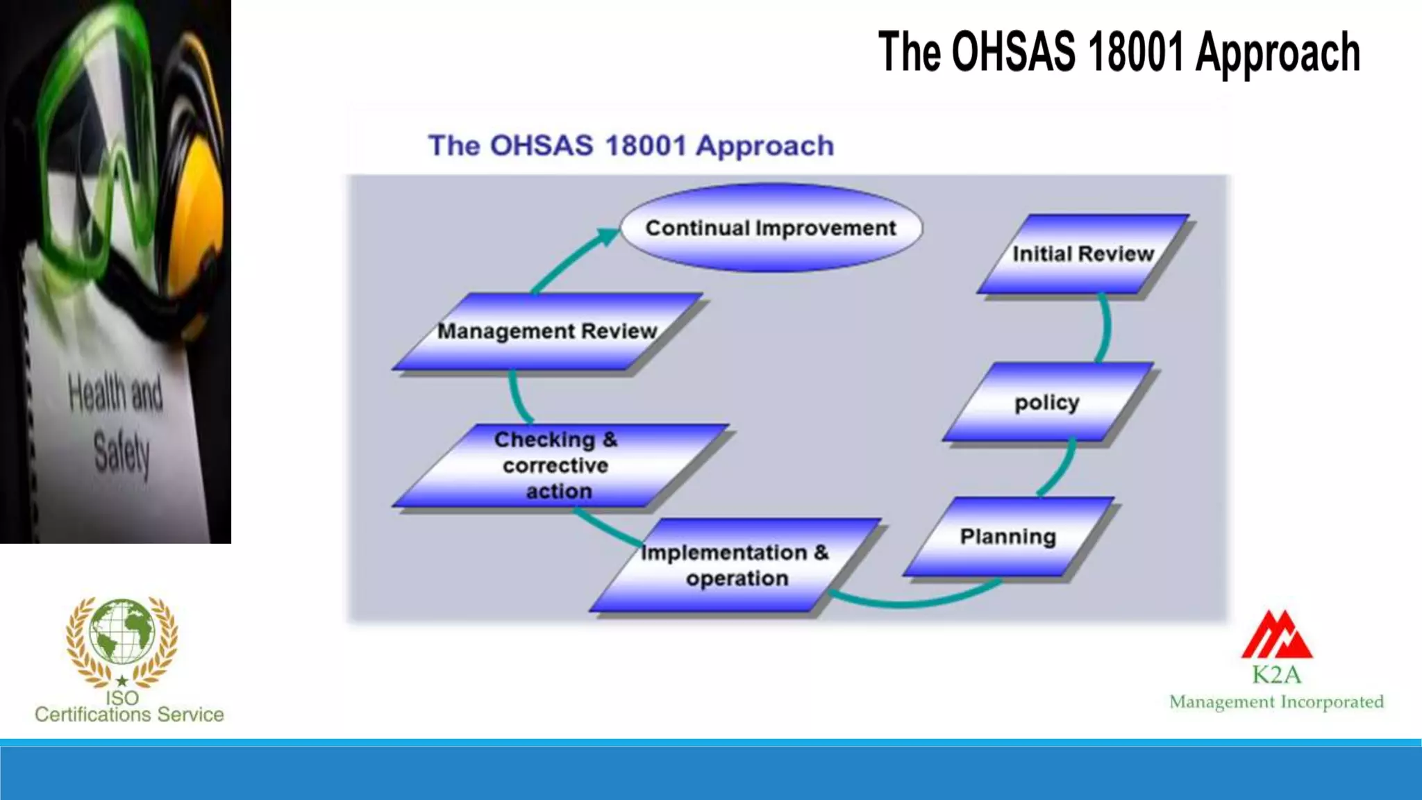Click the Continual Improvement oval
771,228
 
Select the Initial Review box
1082,254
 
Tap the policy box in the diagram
1047,402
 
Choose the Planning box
1008,537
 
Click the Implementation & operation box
736,565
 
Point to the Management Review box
547,331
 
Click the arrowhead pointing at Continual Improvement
608,235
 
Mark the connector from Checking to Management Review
516,398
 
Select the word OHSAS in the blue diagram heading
542,146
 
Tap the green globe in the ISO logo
122,631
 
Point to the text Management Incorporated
1276,702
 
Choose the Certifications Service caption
129,715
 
